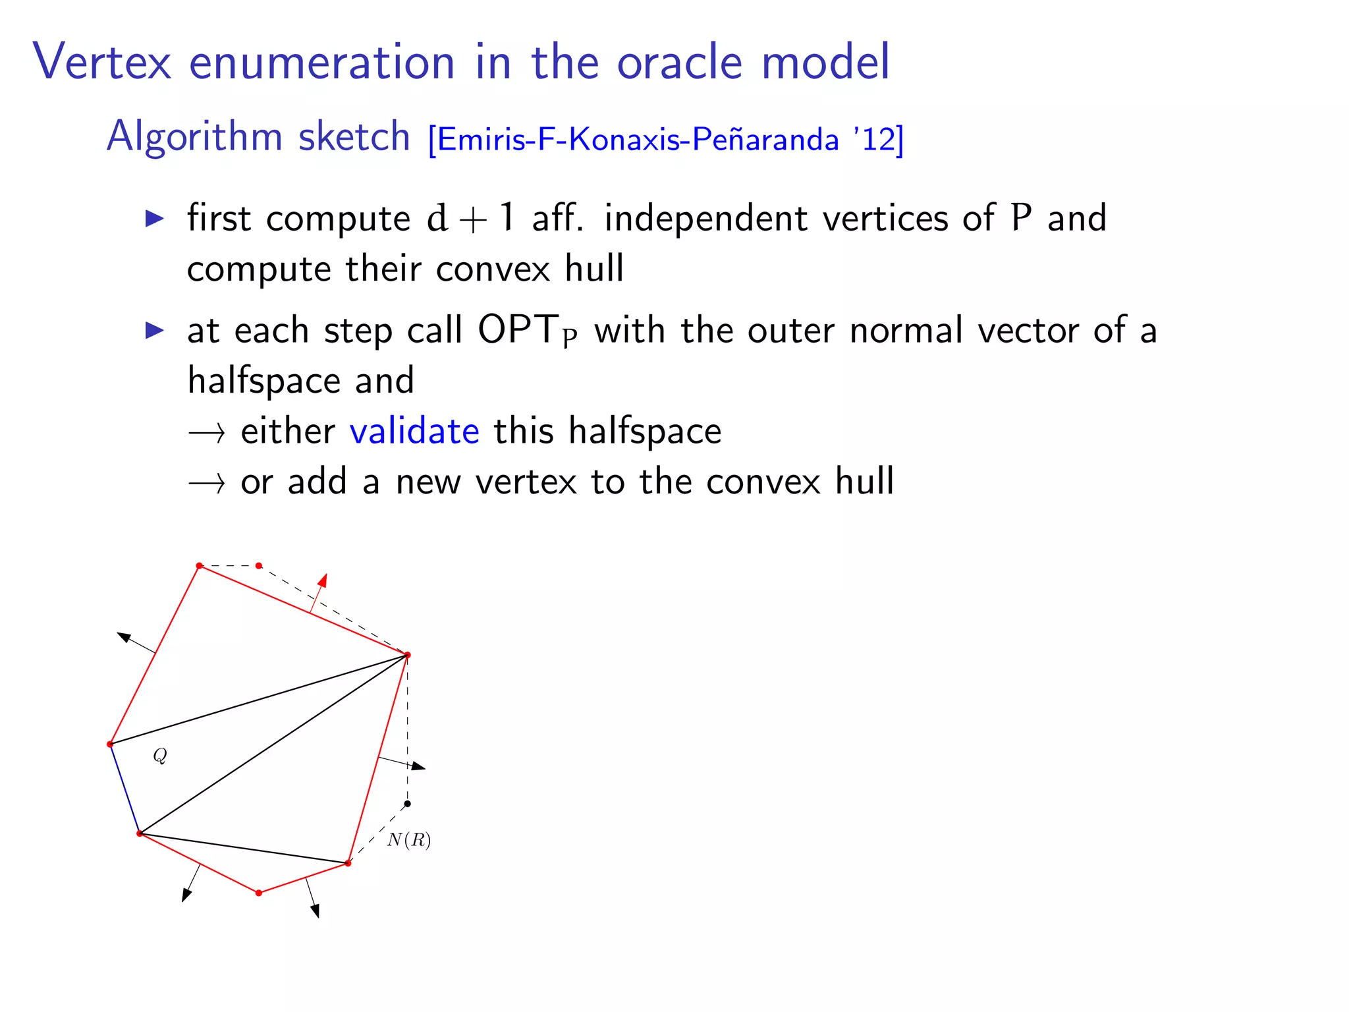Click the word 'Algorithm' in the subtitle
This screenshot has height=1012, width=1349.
point(194,137)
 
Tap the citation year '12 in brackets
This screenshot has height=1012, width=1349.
point(878,140)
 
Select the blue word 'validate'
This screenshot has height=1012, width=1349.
point(414,432)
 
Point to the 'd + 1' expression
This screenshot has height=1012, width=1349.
point(470,218)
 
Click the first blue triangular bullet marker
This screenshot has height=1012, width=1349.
point(154,218)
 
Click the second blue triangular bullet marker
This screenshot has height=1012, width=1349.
point(154,330)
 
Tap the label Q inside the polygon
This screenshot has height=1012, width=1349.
point(160,755)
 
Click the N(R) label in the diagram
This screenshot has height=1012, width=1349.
point(409,840)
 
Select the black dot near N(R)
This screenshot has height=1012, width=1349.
point(407,804)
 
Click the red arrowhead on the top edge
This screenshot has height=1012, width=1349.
point(323,580)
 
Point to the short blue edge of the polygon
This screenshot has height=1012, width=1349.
point(125,789)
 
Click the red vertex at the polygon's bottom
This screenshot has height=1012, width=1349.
point(259,893)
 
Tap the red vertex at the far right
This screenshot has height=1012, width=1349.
point(407,655)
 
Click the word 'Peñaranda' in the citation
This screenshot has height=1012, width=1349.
point(765,140)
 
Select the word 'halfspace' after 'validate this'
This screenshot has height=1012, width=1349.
point(645,432)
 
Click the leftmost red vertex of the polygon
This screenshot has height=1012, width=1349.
point(110,745)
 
